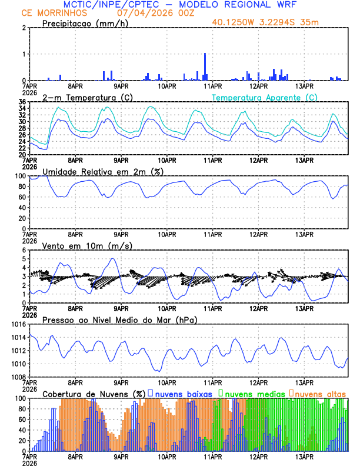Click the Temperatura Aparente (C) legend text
click(264, 97)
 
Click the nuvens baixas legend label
click(179, 393)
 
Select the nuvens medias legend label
click(251, 393)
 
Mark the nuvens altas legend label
click(320, 393)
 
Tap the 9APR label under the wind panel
click(121, 308)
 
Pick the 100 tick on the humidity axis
click(19, 176)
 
